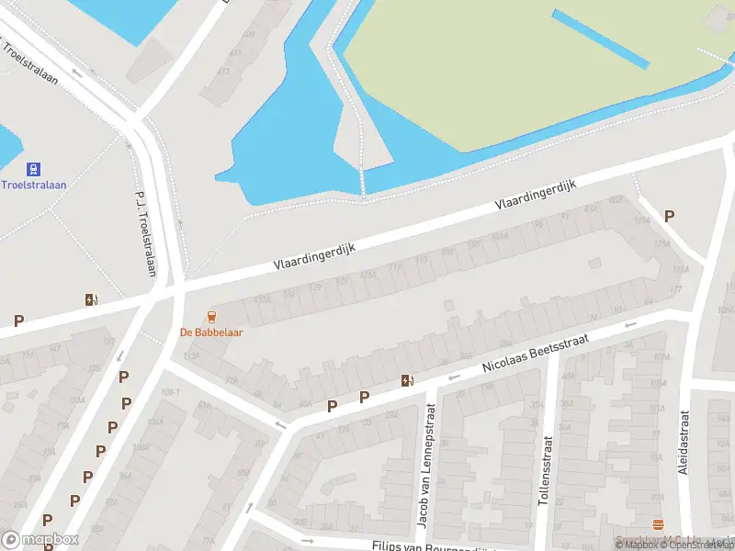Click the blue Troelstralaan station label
click(33, 184)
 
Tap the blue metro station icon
click(33, 169)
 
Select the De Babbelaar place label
click(211, 332)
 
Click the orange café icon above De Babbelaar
click(212, 317)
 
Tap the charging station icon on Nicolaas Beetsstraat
click(406, 381)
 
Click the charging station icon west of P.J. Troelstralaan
click(90, 299)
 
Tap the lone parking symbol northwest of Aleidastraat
click(670, 216)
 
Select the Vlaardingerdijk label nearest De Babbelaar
click(313, 251)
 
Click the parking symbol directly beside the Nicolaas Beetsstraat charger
click(364, 397)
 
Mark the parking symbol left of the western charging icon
click(18, 320)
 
